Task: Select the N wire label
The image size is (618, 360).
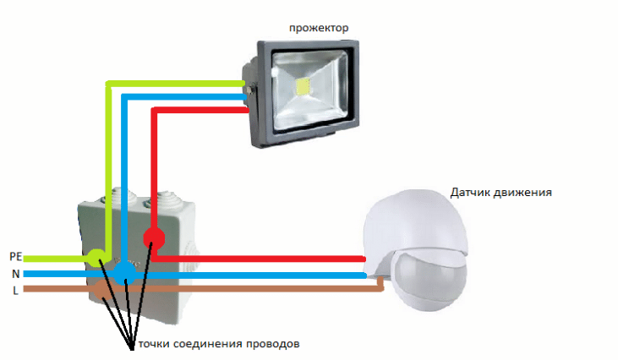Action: click(x=15, y=274)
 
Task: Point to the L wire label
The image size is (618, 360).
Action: click(x=15, y=290)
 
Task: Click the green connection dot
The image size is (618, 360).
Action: click(x=96, y=255)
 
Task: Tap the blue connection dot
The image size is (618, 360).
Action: click(x=125, y=272)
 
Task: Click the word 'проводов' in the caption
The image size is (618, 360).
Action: click(x=273, y=345)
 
